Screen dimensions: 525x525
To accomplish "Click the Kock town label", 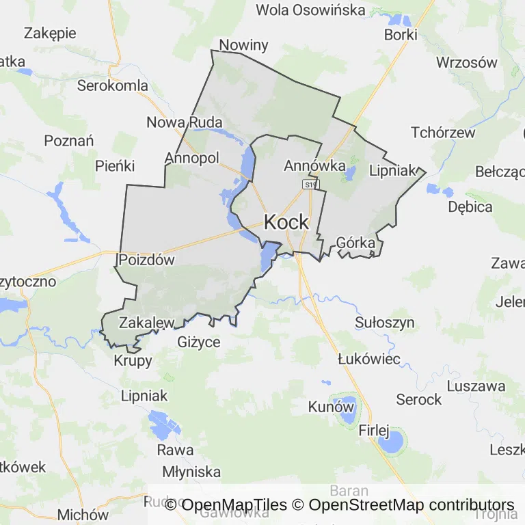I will point(286,222).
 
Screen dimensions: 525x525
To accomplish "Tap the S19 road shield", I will point(311,185).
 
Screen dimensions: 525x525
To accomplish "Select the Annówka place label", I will point(314,165).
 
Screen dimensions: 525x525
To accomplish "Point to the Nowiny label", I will point(243,46).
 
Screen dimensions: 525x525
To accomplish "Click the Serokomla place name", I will point(113,85).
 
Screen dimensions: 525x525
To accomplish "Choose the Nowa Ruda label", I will point(185,122).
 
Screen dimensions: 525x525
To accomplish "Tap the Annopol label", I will point(191,158).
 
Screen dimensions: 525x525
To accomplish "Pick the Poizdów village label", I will point(146,260).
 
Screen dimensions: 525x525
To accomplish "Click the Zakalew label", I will point(147,323).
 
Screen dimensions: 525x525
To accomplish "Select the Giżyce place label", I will point(199,342).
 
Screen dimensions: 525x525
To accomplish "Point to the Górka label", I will point(355,243).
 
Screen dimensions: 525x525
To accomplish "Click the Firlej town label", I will point(373,431).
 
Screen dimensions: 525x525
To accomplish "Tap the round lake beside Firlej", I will point(391,444).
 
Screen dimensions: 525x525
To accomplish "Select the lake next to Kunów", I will point(346,410).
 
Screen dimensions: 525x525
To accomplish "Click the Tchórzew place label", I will point(443,133).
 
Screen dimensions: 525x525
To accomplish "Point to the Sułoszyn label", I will point(385,322).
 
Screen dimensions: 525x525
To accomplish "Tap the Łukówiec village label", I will point(369,359).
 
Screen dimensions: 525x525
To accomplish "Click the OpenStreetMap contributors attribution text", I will point(411,504).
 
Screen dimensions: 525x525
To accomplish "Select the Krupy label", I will point(133,361).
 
